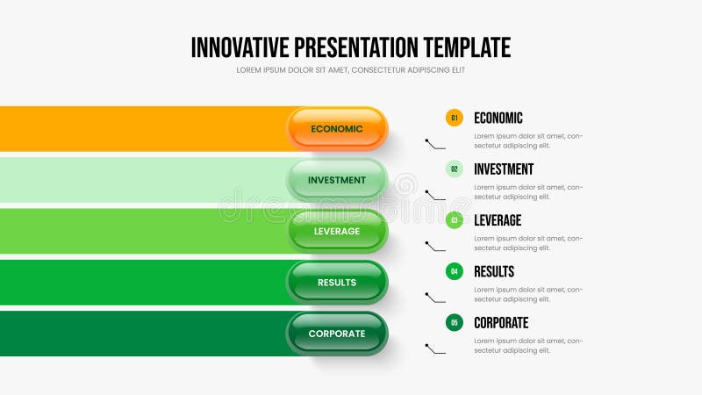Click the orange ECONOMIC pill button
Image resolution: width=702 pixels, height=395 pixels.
point(337,129)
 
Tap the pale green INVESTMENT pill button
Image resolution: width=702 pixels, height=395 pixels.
point(337,180)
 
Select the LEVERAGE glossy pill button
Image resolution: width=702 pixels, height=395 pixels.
point(337,231)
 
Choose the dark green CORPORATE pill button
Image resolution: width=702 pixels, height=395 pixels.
point(337,334)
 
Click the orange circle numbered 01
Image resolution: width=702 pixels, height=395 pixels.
point(455,118)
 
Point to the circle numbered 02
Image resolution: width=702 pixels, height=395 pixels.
point(455,169)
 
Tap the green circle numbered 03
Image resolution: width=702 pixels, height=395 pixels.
point(455,220)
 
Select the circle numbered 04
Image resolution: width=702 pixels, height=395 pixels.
point(455,271)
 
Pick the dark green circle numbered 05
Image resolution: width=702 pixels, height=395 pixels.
point(455,322)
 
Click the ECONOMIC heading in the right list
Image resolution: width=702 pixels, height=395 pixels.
point(498,118)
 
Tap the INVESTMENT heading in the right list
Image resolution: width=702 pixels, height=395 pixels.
point(503,169)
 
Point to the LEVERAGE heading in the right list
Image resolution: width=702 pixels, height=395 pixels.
point(497,220)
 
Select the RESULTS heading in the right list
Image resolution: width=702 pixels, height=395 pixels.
point(494,271)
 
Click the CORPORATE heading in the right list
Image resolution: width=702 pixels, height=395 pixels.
point(500,322)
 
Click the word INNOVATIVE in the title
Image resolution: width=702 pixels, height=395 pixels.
point(240,47)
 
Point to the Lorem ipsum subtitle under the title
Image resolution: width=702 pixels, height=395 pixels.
point(350,70)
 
